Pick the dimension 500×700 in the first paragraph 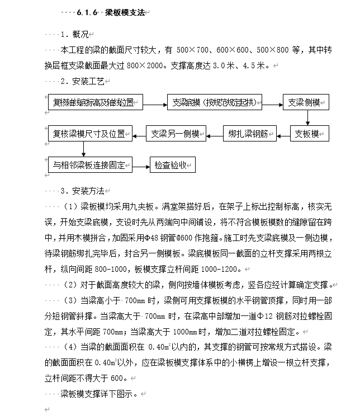pyautogui.click(x=192, y=50)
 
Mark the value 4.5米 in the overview pyautogui.click(x=254, y=65)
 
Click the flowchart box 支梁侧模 pyautogui.click(x=307, y=103)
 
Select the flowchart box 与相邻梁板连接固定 pyautogui.click(x=89, y=165)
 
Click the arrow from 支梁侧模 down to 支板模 pyautogui.click(x=307, y=118)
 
